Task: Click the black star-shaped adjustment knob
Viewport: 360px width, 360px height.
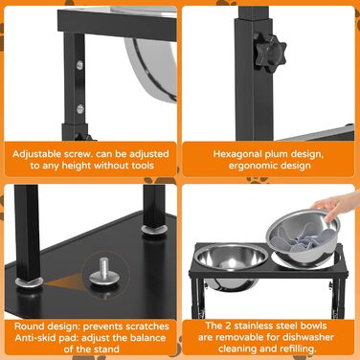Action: coord(270,52)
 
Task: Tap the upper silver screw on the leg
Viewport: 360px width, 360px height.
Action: coord(79,65)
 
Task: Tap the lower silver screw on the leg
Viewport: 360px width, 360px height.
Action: coord(79,109)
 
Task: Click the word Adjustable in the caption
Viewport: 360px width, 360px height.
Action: coord(34,154)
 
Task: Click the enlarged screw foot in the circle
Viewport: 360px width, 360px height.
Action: coord(104,272)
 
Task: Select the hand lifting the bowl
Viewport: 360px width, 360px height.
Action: coord(337,205)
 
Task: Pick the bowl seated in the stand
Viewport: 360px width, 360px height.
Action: coord(231,260)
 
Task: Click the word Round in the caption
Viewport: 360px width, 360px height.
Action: coord(30,326)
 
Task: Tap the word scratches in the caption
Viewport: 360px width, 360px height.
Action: coord(146,326)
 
